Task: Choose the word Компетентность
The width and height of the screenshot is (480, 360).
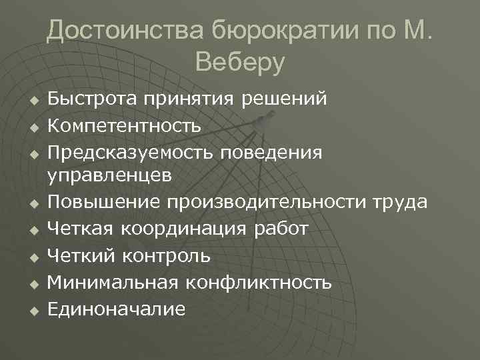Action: tap(125, 125)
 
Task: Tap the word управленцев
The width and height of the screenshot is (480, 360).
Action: tap(110, 176)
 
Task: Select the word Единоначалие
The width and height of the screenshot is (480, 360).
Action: tap(117, 308)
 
